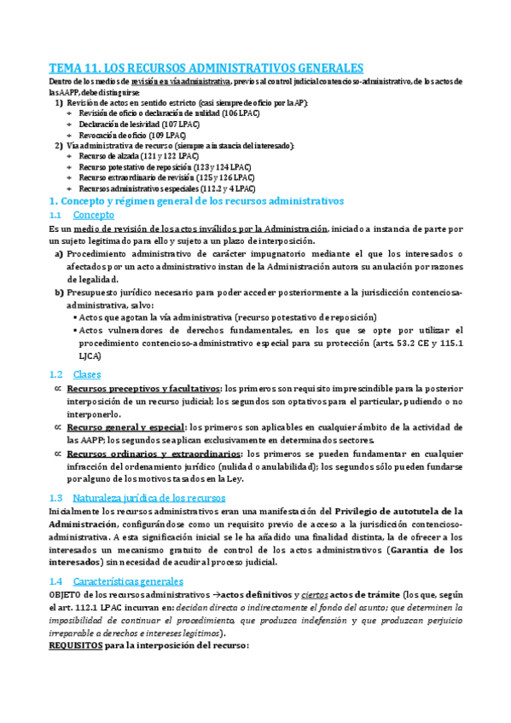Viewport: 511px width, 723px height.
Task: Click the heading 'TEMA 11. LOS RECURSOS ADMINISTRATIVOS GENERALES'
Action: [x=206, y=67]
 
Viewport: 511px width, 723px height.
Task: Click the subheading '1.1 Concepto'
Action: [x=93, y=216]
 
